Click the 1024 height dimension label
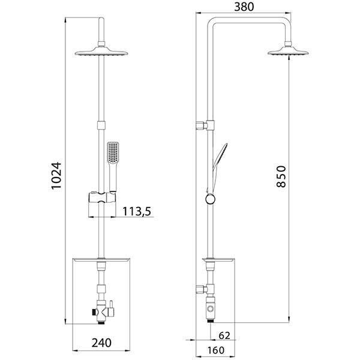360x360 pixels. click(x=56, y=175)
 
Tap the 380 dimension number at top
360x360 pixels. click(x=244, y=7)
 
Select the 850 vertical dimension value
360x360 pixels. click(x=281, y=176)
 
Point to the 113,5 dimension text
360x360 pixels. click(x=137, y=211)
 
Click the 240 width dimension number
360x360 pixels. click(x=101, y=343)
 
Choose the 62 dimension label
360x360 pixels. click(x=224, y=335)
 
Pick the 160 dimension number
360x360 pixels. click(x=216, y=350)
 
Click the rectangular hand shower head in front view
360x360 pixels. click(x=113, y=153)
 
